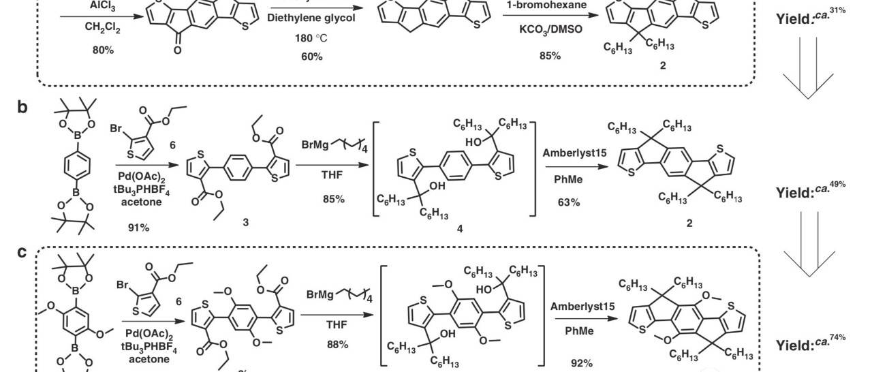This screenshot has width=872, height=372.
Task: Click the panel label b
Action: (23, 107)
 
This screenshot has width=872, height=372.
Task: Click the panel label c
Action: (22, 252)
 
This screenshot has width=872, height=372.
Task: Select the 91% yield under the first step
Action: (138, 227)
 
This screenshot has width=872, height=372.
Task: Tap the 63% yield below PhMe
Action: (569, 202)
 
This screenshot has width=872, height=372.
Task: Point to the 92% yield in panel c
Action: (582, 362)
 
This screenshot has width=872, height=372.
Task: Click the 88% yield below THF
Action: (337, 345)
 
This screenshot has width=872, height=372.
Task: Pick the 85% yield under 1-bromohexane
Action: (550, 55)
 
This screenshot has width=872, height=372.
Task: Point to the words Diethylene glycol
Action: (311, 18)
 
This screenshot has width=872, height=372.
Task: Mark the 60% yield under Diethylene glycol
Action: (311, 56)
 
